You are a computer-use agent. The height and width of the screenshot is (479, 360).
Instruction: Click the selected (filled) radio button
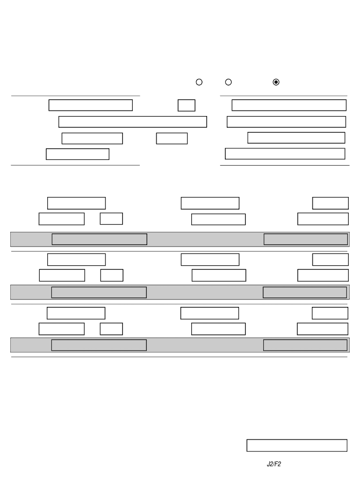276,82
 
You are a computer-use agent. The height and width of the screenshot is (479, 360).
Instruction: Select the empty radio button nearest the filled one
229,82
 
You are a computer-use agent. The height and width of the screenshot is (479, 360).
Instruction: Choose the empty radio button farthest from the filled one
199,82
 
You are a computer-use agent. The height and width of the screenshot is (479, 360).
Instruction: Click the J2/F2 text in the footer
274,464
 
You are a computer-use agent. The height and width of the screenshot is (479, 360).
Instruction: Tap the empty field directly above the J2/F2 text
297,445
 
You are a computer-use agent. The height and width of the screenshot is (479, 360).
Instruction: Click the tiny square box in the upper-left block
187,105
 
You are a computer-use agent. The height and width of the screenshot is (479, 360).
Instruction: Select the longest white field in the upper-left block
133,122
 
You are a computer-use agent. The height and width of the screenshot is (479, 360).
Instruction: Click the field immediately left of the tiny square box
91,105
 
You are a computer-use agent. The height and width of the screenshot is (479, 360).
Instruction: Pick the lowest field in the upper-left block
78,154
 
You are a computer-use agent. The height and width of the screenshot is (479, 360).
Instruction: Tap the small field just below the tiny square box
172,138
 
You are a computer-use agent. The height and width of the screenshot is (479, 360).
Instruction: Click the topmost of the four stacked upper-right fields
289,105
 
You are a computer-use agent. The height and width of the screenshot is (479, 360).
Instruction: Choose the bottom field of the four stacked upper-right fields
285,153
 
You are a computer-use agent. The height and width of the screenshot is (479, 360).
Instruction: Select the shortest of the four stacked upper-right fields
296,138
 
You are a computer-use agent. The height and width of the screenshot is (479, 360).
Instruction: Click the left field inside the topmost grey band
99,239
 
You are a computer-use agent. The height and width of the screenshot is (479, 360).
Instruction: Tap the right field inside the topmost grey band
306,239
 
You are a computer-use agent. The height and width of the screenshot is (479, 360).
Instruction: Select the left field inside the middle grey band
99,292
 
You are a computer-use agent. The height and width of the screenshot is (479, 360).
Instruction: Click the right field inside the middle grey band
305,292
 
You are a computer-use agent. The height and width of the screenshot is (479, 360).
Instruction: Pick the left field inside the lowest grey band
99,345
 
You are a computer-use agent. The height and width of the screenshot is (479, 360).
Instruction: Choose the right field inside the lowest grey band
305,345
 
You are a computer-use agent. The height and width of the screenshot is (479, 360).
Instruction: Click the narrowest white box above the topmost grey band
111,218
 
